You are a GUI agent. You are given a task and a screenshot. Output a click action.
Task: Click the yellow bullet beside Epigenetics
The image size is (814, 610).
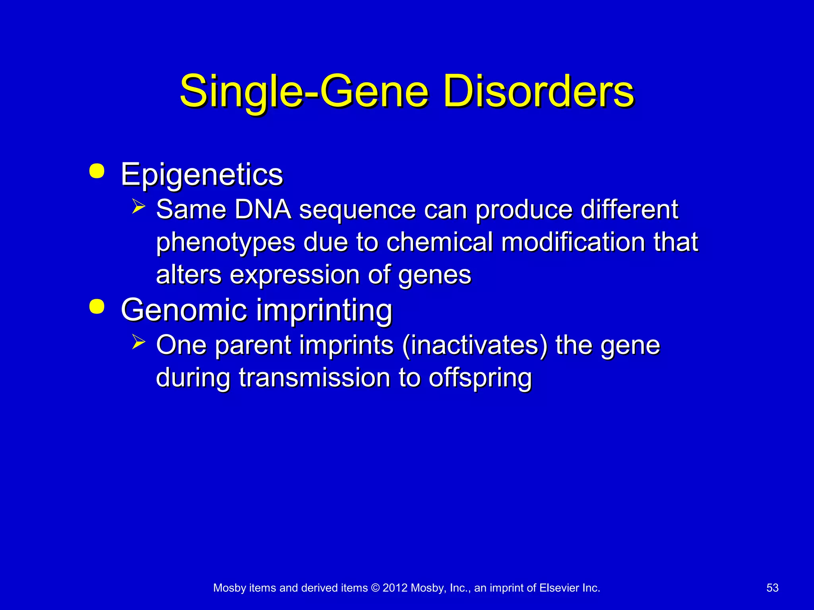tap(97, 171)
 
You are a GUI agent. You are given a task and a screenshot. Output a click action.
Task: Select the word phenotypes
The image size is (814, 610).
tap(225, 242)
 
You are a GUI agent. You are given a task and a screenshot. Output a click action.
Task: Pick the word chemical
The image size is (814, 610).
tap(439, 242)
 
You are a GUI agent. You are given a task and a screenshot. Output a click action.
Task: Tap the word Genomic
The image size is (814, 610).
tap(184, 310)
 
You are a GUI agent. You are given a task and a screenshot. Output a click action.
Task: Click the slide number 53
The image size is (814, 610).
tap(772, 588)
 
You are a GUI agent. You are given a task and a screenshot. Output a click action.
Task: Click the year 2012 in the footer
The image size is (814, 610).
tap(395, 588)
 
